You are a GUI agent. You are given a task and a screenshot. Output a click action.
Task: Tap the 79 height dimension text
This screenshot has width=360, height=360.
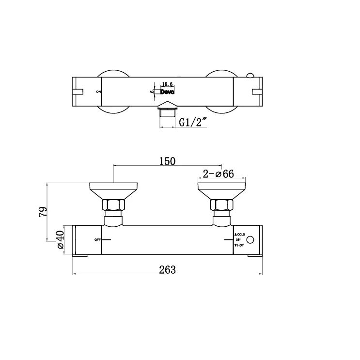click(x=43, y=212)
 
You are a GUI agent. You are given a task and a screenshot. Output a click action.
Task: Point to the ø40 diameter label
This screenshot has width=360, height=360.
click(x=61, y=239)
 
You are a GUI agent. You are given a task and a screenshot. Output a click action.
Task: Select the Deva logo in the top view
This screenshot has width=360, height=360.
click(x=168, y=91)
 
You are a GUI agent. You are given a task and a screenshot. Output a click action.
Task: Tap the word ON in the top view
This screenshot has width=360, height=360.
click(x=98, y=91)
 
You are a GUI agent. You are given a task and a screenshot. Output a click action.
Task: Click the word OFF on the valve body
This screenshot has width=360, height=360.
click(x=97, y=240)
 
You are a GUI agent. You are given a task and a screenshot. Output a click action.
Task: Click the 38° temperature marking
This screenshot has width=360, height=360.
click(x=238, y=240)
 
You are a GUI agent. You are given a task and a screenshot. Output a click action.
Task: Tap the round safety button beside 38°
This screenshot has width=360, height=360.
click(x=250, y=240)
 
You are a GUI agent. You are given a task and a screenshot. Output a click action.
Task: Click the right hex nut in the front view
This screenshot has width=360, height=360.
click(x=222, y=205)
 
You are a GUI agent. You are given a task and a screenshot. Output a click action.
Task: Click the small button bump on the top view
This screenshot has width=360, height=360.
click(x=250, y=75)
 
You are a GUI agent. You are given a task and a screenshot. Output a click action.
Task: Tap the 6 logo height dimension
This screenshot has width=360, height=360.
click(x=153, y=91)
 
